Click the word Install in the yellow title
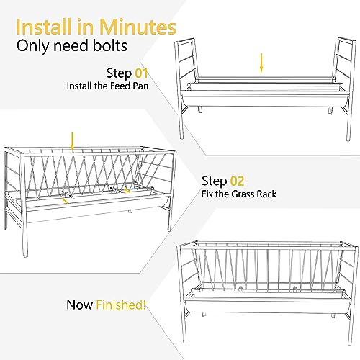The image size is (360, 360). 45,27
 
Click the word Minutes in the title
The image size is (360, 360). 138,27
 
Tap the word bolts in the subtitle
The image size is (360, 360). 110,45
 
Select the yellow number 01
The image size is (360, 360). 141,73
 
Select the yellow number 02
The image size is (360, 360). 237,181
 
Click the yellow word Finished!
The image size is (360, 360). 121,305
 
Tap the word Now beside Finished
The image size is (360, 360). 80,305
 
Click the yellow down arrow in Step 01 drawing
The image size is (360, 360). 261,63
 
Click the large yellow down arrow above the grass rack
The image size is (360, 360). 72,142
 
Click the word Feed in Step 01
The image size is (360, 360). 120,86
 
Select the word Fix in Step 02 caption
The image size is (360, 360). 207,194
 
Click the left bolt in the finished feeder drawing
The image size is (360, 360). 240,288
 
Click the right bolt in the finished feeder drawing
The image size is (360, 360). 295,288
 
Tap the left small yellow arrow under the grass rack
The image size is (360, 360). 65,201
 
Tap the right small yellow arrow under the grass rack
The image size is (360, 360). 126,191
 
